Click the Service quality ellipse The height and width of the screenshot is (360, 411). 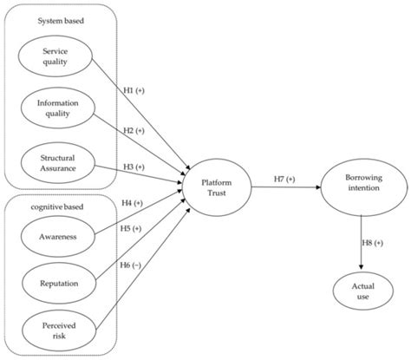click(x=55, y=56)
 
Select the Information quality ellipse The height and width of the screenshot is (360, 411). click(x=55, y=109)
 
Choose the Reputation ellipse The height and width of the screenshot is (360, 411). click(x=55, y=283)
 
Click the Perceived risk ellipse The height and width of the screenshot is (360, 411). click(x=55, y=331)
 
